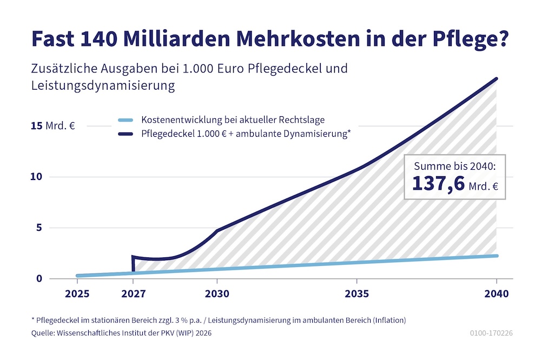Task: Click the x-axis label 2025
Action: [x=77, y=294]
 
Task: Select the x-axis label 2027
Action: [x=133, y=294]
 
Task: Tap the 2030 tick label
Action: [x=217, y=294]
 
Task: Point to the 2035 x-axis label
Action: [x=357, y=294]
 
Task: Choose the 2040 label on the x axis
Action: [x=497, y=294]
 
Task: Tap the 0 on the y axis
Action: [x=38, y=279]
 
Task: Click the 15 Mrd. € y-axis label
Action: [x=52, y=126]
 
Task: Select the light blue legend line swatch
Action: [x=125, y=120]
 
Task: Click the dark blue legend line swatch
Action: [x=125, y=135]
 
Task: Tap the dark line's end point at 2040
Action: [x=496, y=79]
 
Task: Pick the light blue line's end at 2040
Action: [x=496, y=256]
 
